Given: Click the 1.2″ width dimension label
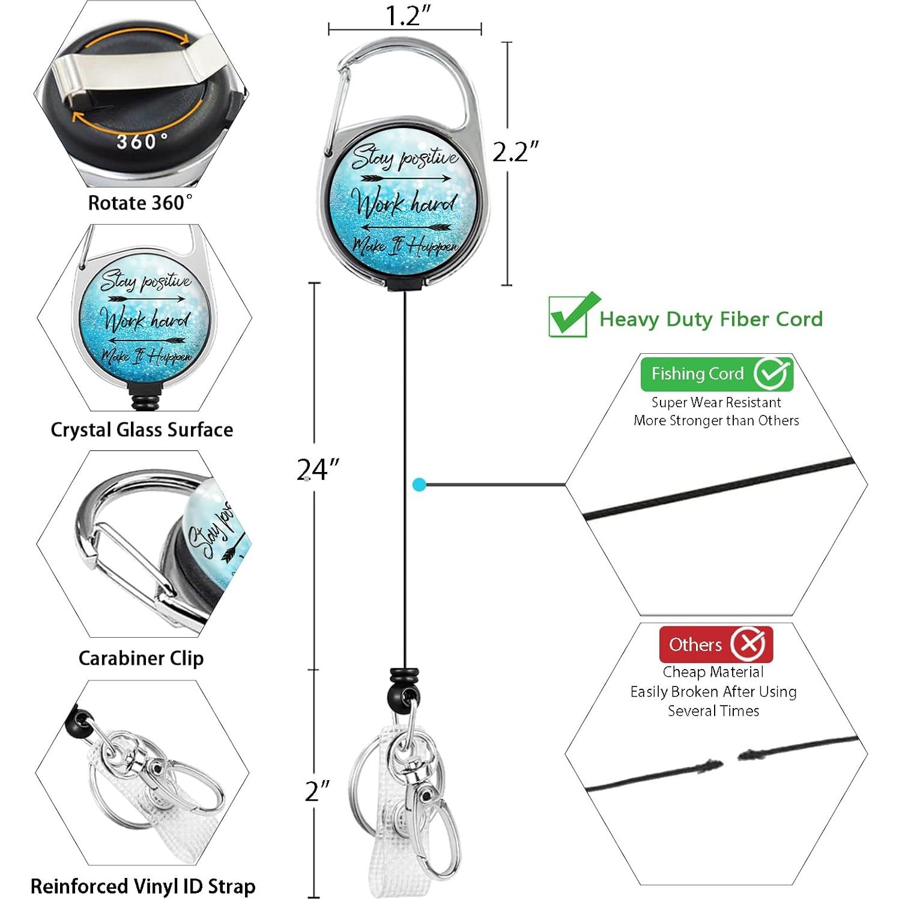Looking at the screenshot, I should pos(408,16).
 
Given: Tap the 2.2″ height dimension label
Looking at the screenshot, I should pos(515,152).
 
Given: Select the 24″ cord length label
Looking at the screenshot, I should pos(318,469).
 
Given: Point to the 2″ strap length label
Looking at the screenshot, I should pos(317,791).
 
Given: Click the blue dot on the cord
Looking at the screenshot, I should pos(419,485).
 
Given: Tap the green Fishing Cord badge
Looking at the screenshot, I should pos(716,374).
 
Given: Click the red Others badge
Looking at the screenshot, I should pos(715,644).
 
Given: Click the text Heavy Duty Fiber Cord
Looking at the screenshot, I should pos(711,319).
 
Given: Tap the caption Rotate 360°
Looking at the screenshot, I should pos(141,203).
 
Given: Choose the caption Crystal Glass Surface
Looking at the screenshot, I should pos(142,430).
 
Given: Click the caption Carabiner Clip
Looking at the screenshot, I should pos(141,658).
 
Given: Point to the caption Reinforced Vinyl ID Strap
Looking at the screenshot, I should pos(143,886).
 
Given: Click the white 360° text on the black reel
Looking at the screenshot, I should pos(142,142).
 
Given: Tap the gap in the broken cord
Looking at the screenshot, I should pos(730,760).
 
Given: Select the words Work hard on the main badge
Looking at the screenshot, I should pos(404,203).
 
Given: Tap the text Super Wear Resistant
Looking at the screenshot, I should pos(716,402).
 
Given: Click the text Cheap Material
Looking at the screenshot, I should pos(713,672).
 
